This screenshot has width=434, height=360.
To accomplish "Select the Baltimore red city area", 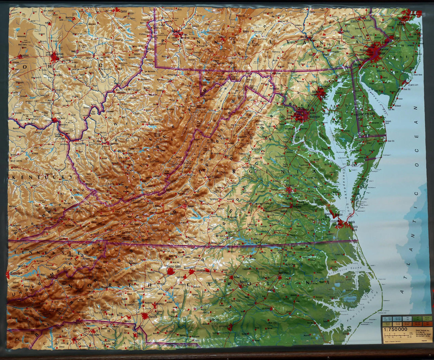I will click(321, 93).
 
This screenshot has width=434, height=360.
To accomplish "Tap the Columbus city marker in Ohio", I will click(55, 57).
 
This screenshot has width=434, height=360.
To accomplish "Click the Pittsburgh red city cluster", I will click(177, 33).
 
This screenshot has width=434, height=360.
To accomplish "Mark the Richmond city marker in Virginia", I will click(289, 190).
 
